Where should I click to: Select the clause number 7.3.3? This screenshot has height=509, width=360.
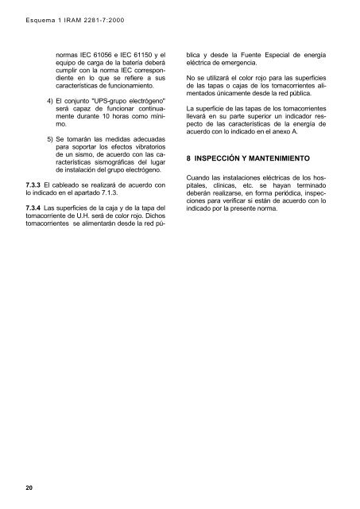click(x=36, y=186)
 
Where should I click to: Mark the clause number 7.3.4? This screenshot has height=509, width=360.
click(x=36, y=208)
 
